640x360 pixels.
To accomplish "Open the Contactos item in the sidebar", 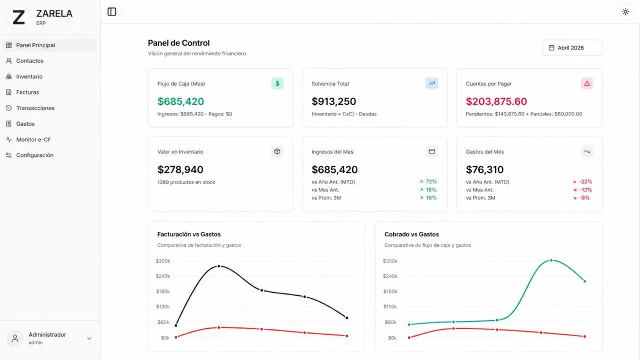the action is [x=29, y=61].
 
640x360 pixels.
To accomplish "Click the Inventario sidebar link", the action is [x=29, y=76].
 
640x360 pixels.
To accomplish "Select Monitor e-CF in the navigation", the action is [x=33, y=139].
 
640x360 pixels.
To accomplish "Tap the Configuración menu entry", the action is [x=34, y=155].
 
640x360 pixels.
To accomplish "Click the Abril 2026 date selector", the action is [x=572, y=47].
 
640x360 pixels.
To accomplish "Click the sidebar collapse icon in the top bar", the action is [x=111, y=11].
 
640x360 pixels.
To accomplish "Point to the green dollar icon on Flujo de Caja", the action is [x=277, y=83].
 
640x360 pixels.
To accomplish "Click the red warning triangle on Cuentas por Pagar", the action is [x=587, y=83].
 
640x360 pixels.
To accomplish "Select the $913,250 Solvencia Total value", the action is [x=333, y=101].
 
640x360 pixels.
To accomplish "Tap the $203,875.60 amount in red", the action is [x=496, y=101].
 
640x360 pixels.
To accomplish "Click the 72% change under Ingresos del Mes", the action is [x=431, y=181].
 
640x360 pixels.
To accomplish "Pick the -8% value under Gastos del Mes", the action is [x=584, y=197].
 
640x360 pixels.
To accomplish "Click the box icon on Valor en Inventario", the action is [x=277, y=151].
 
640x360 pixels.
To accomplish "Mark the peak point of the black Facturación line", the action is [x=219, y=266].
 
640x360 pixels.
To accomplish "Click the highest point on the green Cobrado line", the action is [x=551, y=260].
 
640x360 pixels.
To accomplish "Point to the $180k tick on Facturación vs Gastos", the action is [x=163, y=291].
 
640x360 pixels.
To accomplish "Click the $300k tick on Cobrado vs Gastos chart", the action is [x=390, y=261].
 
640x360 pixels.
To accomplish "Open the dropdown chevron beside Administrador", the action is [x=89, y=338].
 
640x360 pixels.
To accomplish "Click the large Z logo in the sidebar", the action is [x=18, y=17].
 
